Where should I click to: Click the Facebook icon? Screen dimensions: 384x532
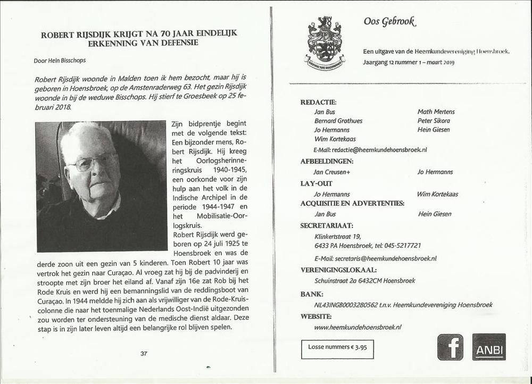pos(450,347)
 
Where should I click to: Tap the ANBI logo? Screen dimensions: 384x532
pos(489,347)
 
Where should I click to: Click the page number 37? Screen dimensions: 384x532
pos(144,353)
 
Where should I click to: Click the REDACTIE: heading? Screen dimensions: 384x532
pos(318,102)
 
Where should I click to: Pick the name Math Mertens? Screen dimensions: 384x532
pos(436,112)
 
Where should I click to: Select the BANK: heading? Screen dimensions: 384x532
pos(312,294)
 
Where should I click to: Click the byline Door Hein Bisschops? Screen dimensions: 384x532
pos(60,60)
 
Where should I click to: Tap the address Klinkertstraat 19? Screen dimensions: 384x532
pos(337,236)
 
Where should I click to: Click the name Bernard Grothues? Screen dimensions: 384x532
pos(338,121)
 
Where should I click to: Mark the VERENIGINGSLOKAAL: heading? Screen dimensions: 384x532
pos(338,270)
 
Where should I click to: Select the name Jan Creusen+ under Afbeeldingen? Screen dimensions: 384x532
pos(332,172)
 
